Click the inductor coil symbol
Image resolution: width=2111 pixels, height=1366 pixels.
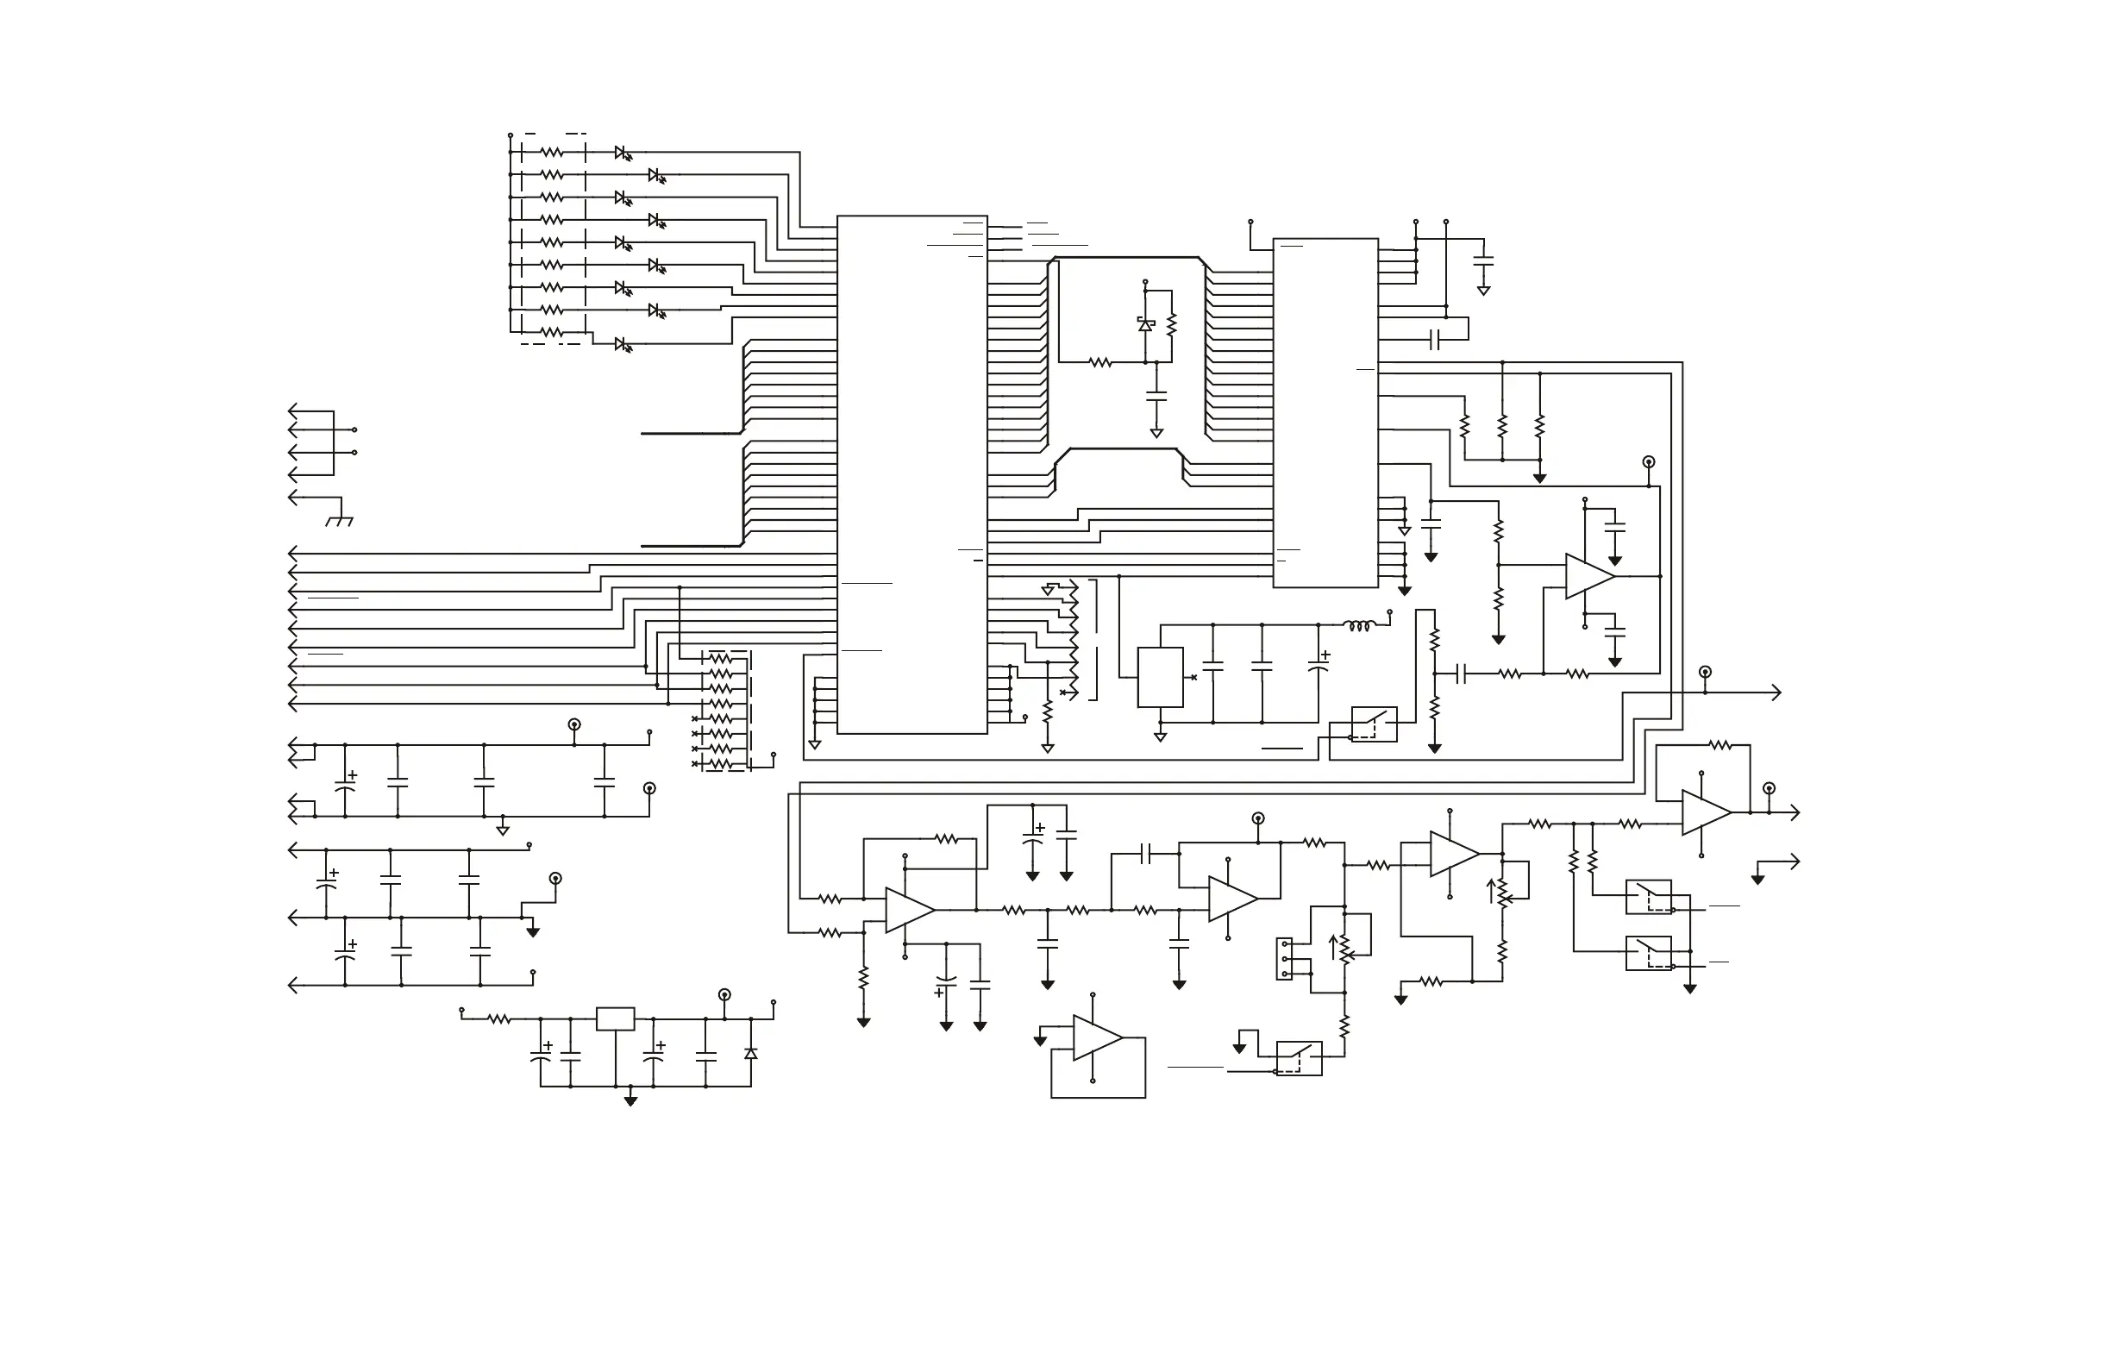(1359, 626)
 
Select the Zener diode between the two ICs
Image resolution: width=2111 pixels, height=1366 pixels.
(1145, 324)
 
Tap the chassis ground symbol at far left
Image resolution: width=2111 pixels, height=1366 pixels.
(339, 521)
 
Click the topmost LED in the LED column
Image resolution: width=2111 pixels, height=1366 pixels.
(623, 154)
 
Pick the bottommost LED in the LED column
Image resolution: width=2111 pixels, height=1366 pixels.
(623, 344)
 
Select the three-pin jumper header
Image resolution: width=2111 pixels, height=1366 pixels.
(1283, 959)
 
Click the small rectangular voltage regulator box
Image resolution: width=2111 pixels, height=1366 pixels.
(615, 1018)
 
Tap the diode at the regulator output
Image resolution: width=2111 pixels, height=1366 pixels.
(750, 1053)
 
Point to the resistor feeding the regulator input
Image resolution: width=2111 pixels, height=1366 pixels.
(499, 1019)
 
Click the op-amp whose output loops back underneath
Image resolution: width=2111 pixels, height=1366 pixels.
(1096, 1037)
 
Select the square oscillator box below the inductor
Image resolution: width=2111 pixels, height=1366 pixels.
(1160, 677)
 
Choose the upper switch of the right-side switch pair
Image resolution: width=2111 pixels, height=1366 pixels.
(1648, 897)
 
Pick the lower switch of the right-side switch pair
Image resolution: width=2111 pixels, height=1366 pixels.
(1648, 953)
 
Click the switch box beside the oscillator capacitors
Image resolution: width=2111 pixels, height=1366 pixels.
(1374, 724)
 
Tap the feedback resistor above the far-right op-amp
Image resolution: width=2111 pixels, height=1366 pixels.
(1719, 745)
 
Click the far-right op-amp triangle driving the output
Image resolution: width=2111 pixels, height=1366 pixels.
(1705, 811)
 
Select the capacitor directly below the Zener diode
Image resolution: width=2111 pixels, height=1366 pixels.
(1156, 397)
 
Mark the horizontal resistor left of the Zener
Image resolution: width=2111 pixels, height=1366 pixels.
(1099, 362)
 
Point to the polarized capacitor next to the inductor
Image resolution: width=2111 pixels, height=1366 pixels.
(1318, 665)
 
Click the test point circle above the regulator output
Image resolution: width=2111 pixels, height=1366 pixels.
(724, 994)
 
